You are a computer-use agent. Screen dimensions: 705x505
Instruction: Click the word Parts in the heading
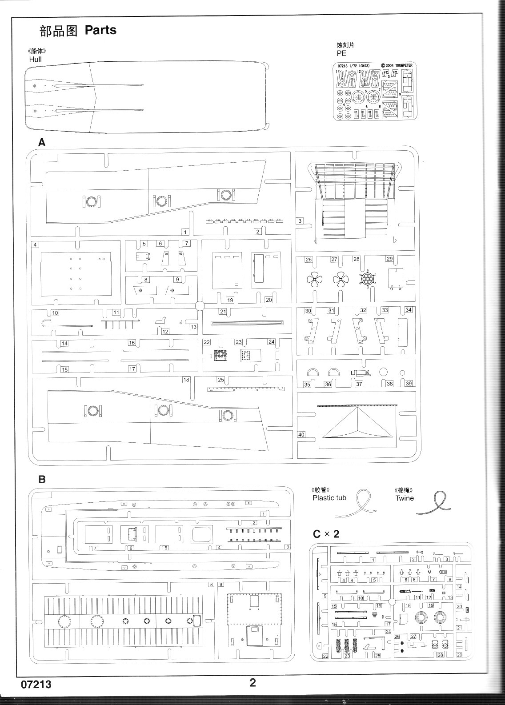100,30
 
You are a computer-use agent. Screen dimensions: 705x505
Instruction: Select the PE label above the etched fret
341,53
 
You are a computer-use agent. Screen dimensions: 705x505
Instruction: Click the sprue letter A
42,142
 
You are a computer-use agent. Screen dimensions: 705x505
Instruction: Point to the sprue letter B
42,480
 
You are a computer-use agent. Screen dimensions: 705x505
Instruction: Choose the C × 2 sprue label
326,534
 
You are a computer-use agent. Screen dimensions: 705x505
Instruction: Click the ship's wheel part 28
367,280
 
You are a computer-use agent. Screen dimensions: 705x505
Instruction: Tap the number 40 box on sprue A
301,434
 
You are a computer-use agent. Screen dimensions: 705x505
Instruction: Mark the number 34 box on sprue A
409,310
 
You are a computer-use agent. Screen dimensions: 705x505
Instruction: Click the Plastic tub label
329,498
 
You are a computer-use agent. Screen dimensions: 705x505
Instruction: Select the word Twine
405,498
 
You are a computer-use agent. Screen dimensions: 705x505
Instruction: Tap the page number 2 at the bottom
252,683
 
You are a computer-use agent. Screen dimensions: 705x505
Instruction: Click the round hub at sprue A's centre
200,305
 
